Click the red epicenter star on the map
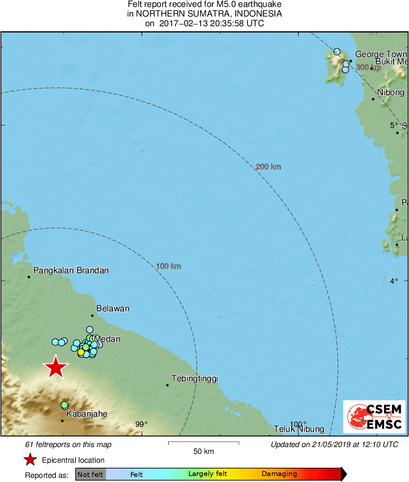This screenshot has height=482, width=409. (x=56, y=367)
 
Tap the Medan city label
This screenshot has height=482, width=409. (x=107, y=339)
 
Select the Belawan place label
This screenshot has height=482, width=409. (x=112, y=309)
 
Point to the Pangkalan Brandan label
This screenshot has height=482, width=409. (x=71, y=270)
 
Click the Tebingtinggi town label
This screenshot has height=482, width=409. (x=194, y=379)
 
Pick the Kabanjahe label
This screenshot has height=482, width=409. (x=87, y=414)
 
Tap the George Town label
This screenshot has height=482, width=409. (x=381, y=54)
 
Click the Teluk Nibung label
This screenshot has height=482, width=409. (x=299, y=429)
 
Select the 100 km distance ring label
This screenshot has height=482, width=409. (x=168, y=266)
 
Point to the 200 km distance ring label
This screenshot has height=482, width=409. (x=268, y=166)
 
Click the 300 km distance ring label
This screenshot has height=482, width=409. (x=369, y=67)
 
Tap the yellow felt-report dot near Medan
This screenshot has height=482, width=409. (x=81, y=352)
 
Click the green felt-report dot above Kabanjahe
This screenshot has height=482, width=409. (x=64, y=405)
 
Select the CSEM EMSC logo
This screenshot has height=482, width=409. (x=374, y=417)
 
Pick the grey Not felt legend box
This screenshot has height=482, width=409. (x=90, y=474)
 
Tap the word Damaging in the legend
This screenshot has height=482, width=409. (x=279, y=474)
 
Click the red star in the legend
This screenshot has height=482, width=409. (x=30, y=459)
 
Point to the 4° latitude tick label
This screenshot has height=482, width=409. (x=394, y=281)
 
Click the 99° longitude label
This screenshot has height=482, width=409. (x=141, y=424)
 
